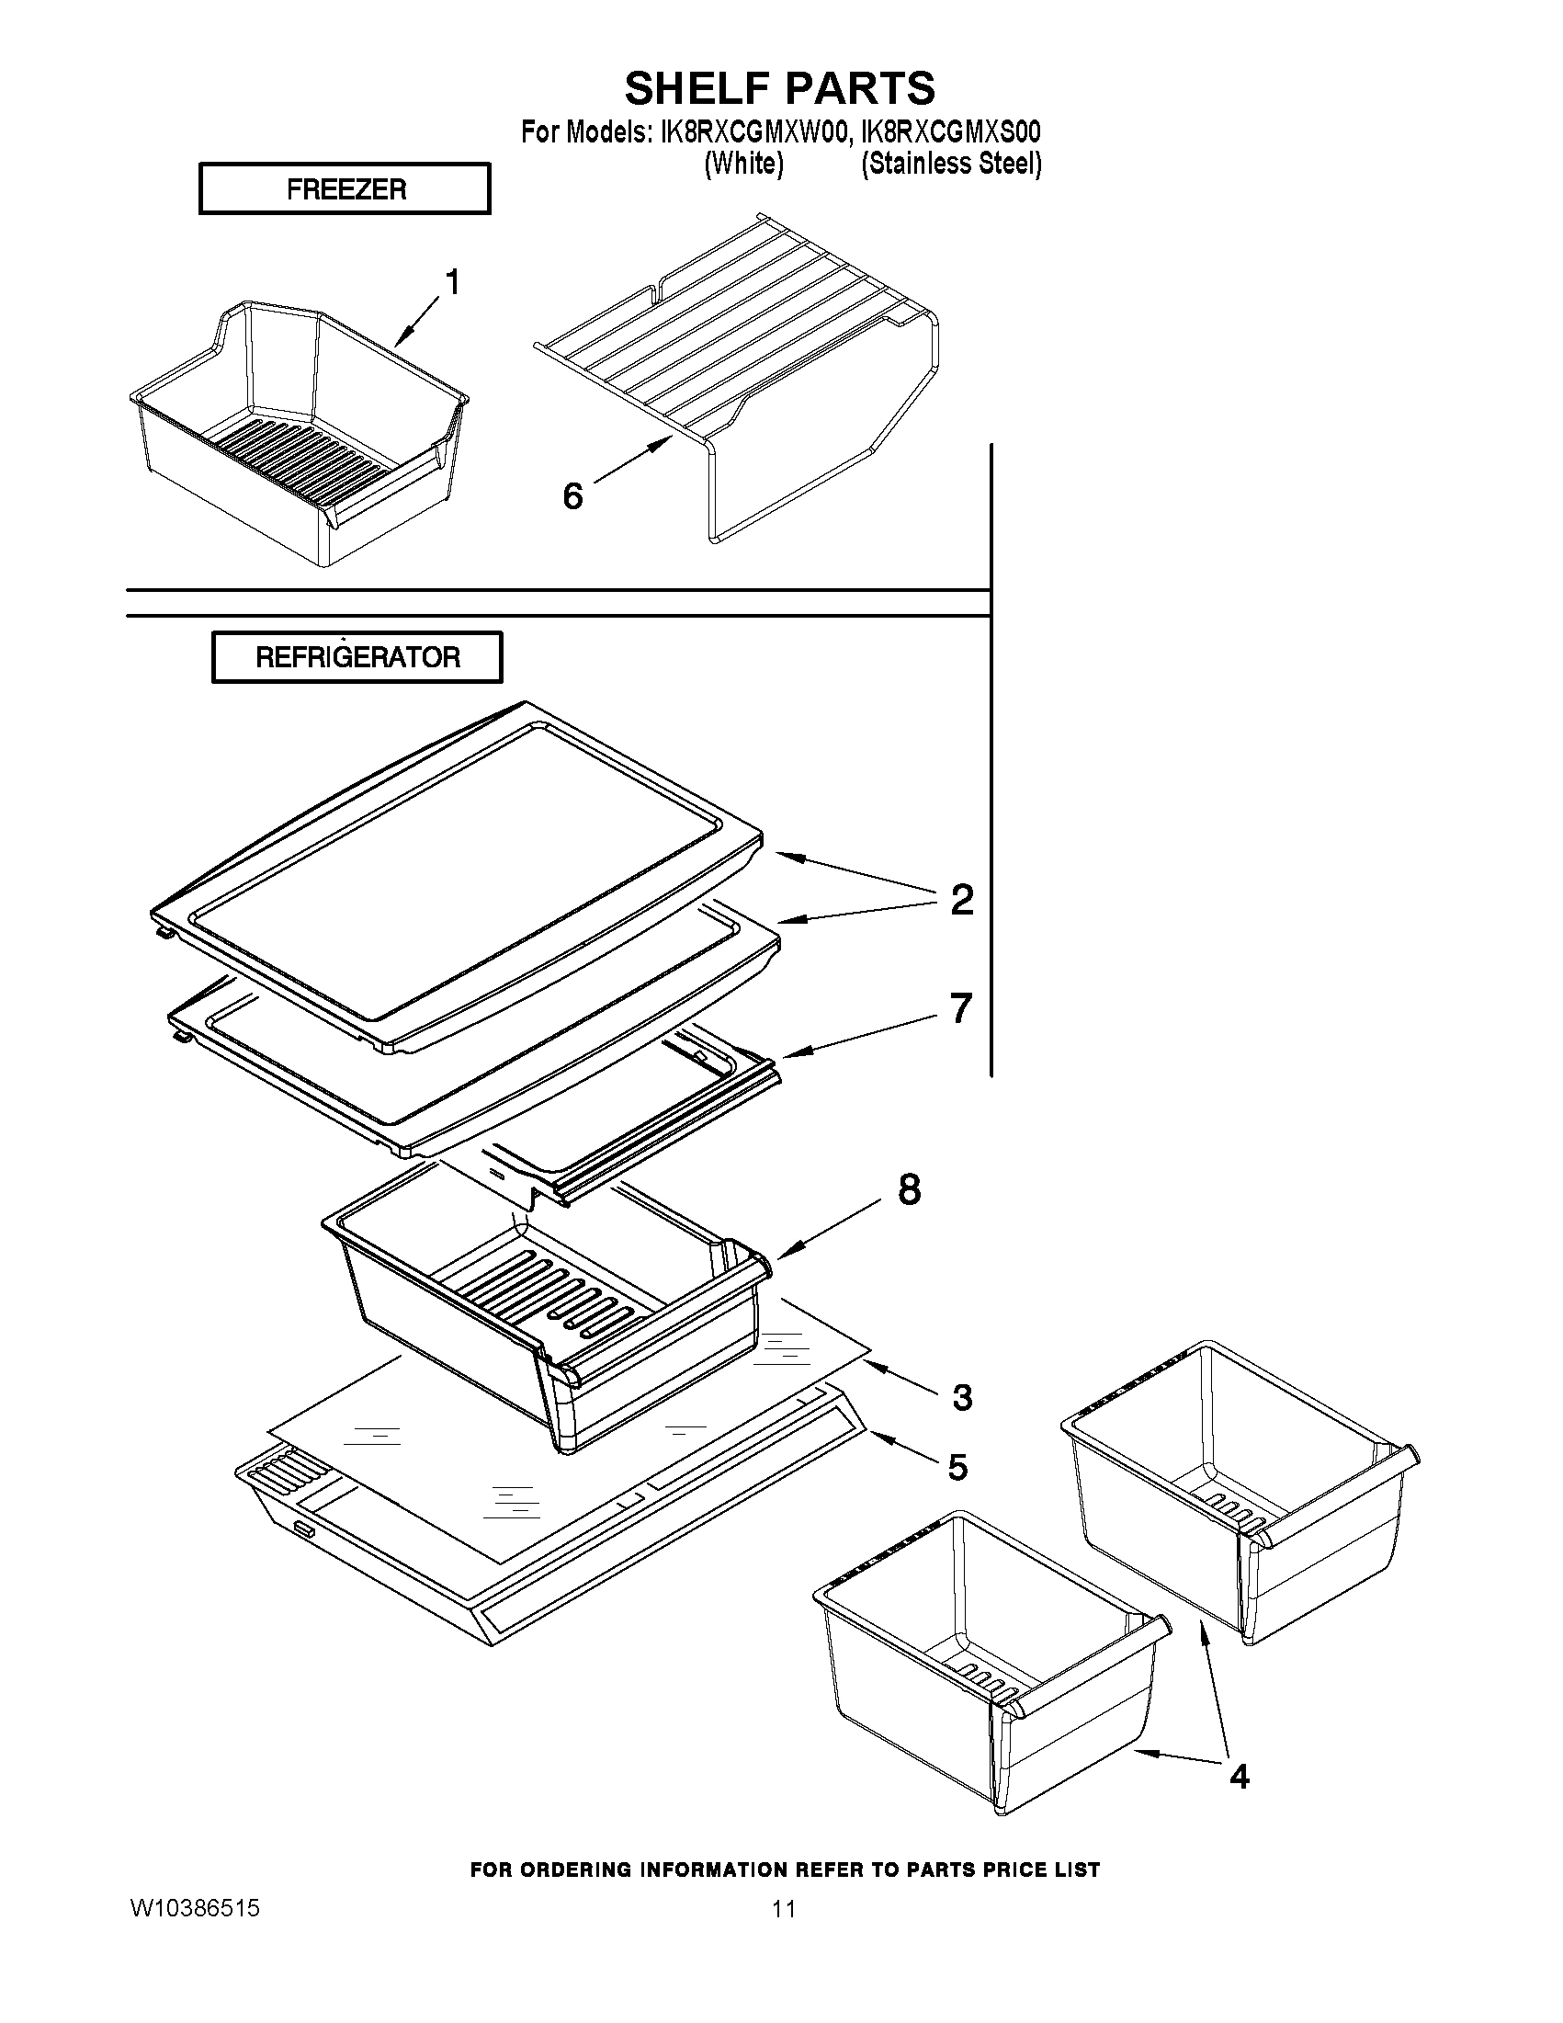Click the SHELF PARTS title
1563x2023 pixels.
(x=779, y=89)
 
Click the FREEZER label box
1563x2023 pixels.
(x=345, y=189)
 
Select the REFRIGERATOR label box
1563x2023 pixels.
(x=357, y=658)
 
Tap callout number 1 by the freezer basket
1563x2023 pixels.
(x=453, y=281)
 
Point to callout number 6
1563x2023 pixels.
(x=573, y=496)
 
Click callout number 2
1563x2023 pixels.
(x=962, y=900)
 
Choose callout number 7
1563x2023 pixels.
(x=961, y=1008)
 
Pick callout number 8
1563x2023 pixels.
(x=910, y=1190)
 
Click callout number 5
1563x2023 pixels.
(x=957, y=1467)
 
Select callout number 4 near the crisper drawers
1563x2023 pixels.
(x=1239, y=1776)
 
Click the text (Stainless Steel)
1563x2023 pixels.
(x=951, y=164)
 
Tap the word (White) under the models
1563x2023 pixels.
(x=743, y=164)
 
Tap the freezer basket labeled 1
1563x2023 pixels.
(x=296, y=436)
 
